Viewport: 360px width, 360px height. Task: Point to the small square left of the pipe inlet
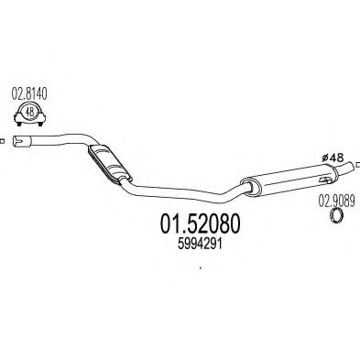tap(3, 140)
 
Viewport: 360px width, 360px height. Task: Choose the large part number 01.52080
tap(187, 224)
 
